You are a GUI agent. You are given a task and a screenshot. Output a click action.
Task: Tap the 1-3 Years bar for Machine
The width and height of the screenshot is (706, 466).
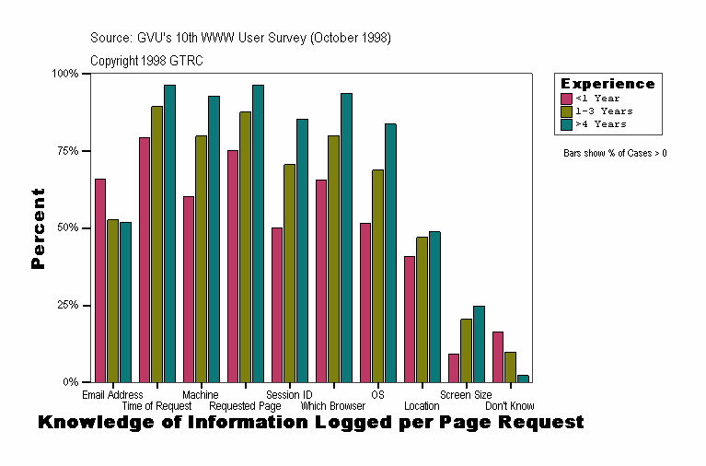click(x=201, y=259)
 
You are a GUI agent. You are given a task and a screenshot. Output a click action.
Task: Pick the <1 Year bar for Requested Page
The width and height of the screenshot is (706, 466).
click(x=233, y=266)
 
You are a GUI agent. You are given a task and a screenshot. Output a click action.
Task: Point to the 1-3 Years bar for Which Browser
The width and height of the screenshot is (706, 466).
click(x=333, y=259)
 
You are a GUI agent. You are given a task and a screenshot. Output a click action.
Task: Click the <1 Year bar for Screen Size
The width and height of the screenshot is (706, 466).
click(x=454, y=367)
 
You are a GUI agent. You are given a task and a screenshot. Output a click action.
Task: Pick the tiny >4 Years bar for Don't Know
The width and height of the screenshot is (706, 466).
click(x=523, y=378)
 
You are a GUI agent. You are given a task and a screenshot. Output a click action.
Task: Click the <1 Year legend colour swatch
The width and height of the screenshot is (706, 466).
click(x=567, y=99)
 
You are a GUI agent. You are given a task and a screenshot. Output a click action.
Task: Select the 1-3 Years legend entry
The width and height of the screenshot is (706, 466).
click(x=604, y=111)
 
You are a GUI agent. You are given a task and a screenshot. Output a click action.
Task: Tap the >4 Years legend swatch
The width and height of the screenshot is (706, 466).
click(x=567, y=123)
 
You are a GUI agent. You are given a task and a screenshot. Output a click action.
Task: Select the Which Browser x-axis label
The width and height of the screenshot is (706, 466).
click(x=332, y=406)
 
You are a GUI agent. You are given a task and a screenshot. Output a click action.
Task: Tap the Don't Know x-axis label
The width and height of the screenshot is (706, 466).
click(x=509, y=406)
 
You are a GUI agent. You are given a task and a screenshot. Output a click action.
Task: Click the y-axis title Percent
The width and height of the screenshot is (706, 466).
click(x=38, y=228)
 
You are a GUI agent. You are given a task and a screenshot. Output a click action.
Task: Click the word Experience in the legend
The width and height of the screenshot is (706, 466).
click(x=608, y=84)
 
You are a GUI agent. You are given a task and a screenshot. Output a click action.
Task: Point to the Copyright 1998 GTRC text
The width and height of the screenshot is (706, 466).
click(x=146, y=61)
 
